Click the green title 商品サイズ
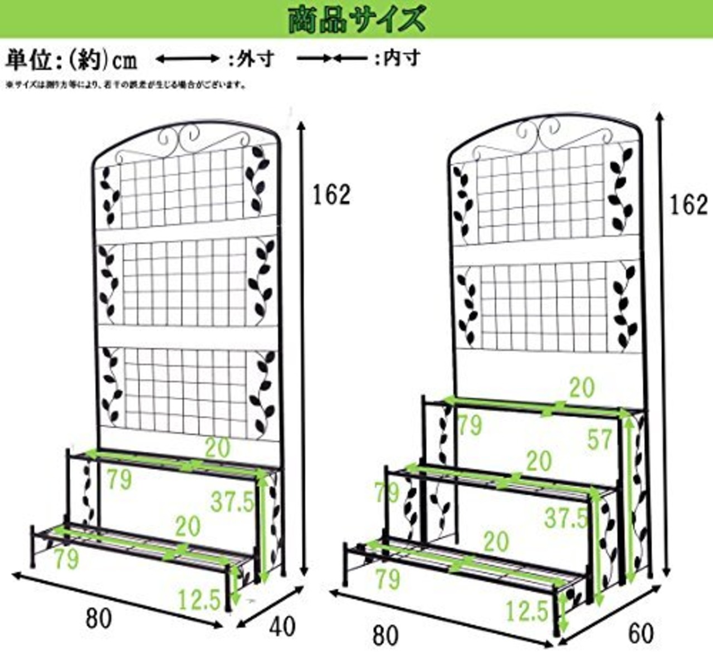[x=356, y=19]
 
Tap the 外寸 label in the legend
[x=257, y=58]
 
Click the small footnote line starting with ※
[x=126, y=85]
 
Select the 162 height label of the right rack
[x=688, y=206]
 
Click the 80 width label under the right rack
[x=385, y=636]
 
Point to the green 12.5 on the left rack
[x=199, y=600]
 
